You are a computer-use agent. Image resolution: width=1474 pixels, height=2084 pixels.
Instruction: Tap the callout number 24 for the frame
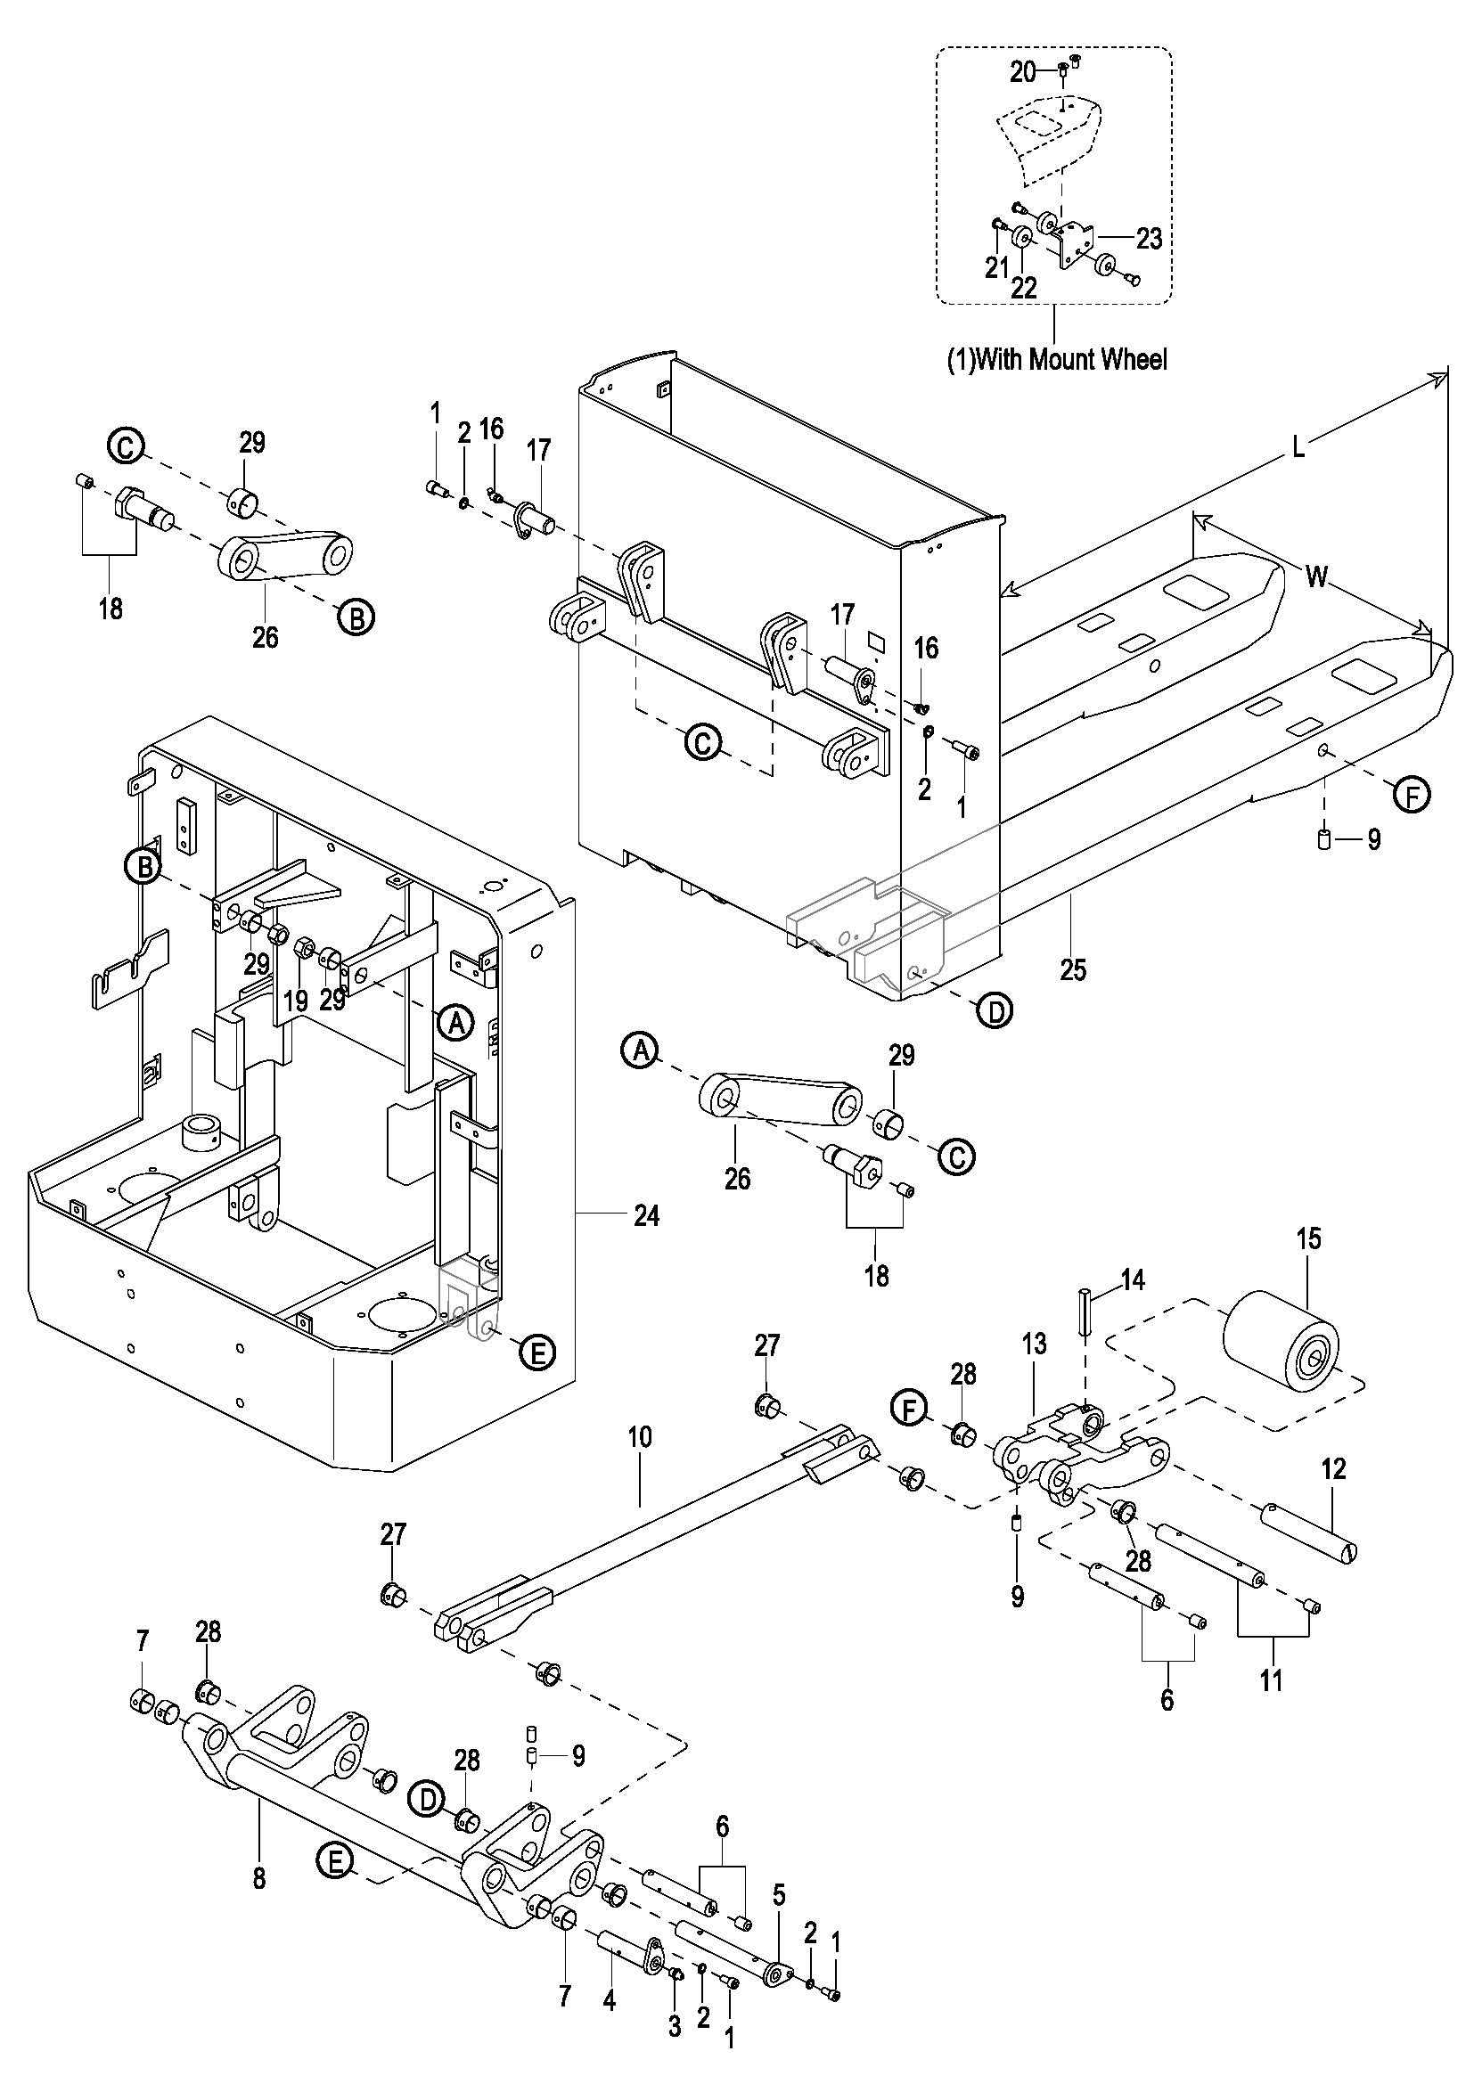646,1214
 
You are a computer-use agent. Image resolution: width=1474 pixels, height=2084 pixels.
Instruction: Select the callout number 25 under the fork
1073,969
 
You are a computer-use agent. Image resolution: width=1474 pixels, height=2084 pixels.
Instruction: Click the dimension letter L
1298,447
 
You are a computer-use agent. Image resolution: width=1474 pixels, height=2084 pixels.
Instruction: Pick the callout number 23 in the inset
1148,239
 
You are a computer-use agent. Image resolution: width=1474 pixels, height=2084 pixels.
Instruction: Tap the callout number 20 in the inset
1023,70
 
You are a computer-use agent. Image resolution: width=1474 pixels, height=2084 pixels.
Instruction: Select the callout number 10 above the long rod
640,1437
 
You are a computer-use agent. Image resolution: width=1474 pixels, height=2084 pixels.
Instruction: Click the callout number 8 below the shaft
259,1877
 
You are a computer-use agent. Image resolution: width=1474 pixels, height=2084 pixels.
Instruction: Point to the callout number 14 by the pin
1133,1279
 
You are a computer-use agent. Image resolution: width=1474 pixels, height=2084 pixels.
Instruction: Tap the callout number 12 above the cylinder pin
1333,1468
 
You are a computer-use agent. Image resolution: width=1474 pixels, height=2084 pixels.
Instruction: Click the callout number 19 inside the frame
296,1001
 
